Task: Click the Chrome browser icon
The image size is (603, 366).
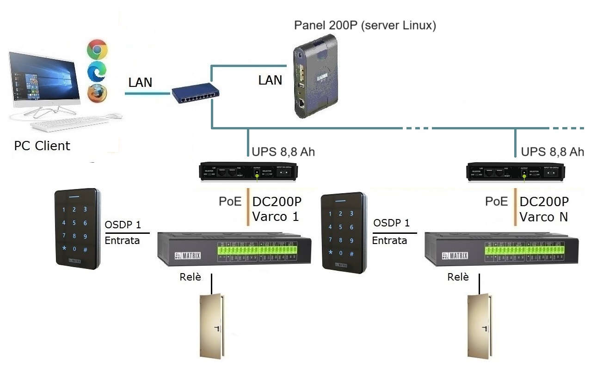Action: pyautogui.click(x=97, y=49)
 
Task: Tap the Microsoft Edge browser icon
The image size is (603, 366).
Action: pyautogui.click(x=97, y=71)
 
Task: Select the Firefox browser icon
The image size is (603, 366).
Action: pyautogui.click(x=97, y=93)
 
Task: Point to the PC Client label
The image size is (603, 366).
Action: pyautogui.click(x=42, y=146)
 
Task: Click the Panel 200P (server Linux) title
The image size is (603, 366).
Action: pyautogui.click(x=365, y=25)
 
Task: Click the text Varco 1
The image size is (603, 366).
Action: pyautogui.click(x=276, y=216)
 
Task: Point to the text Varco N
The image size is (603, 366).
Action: pyautogui.click(x=543, y=216)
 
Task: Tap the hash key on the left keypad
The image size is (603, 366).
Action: pyautogui.click(x=85, y=250)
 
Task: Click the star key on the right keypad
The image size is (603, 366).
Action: pyautogui.click(x=331, y=253)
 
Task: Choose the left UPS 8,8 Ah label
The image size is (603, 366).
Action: pyautogui.click(x=283, y=152)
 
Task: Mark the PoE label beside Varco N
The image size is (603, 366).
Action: pyautogui.click(x=496, y=201)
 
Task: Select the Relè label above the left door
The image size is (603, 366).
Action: pyautogui.click(x=190, y=277)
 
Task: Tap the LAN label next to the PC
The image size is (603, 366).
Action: pyautogui.click(x=140, y=83)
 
